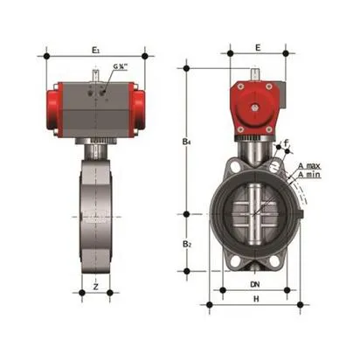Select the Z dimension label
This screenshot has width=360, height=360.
coord(94,285)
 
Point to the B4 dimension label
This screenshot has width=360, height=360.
coord(187,139)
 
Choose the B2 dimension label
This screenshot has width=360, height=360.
coord(187,244)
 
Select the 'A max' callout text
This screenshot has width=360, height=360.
coord(309,165)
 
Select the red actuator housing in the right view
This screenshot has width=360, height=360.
coord(254,109)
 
